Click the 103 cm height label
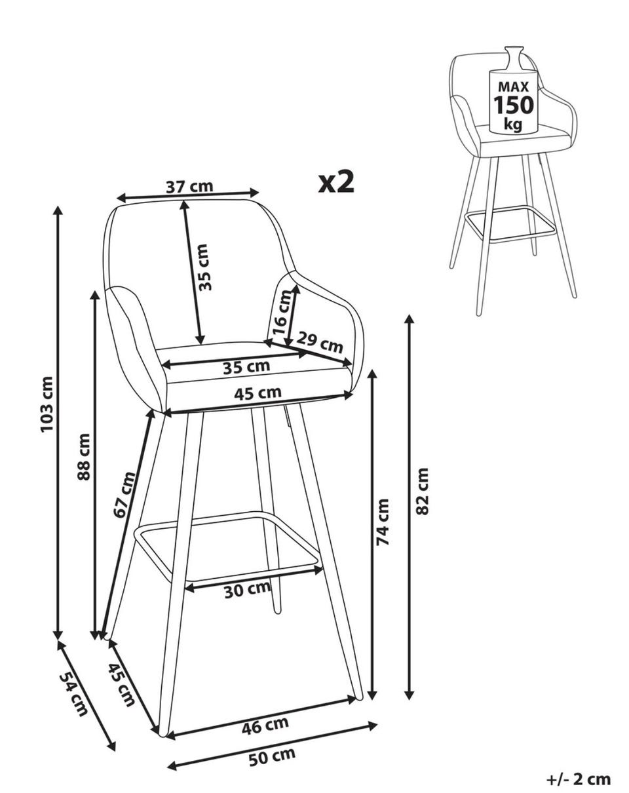tap(47, 404)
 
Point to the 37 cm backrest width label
tap(189, 187)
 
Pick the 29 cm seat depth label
tap(320, 342)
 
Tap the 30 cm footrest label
tap(247, 590)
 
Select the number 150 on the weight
tap(514, 105)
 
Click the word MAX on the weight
tap(514, 87)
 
